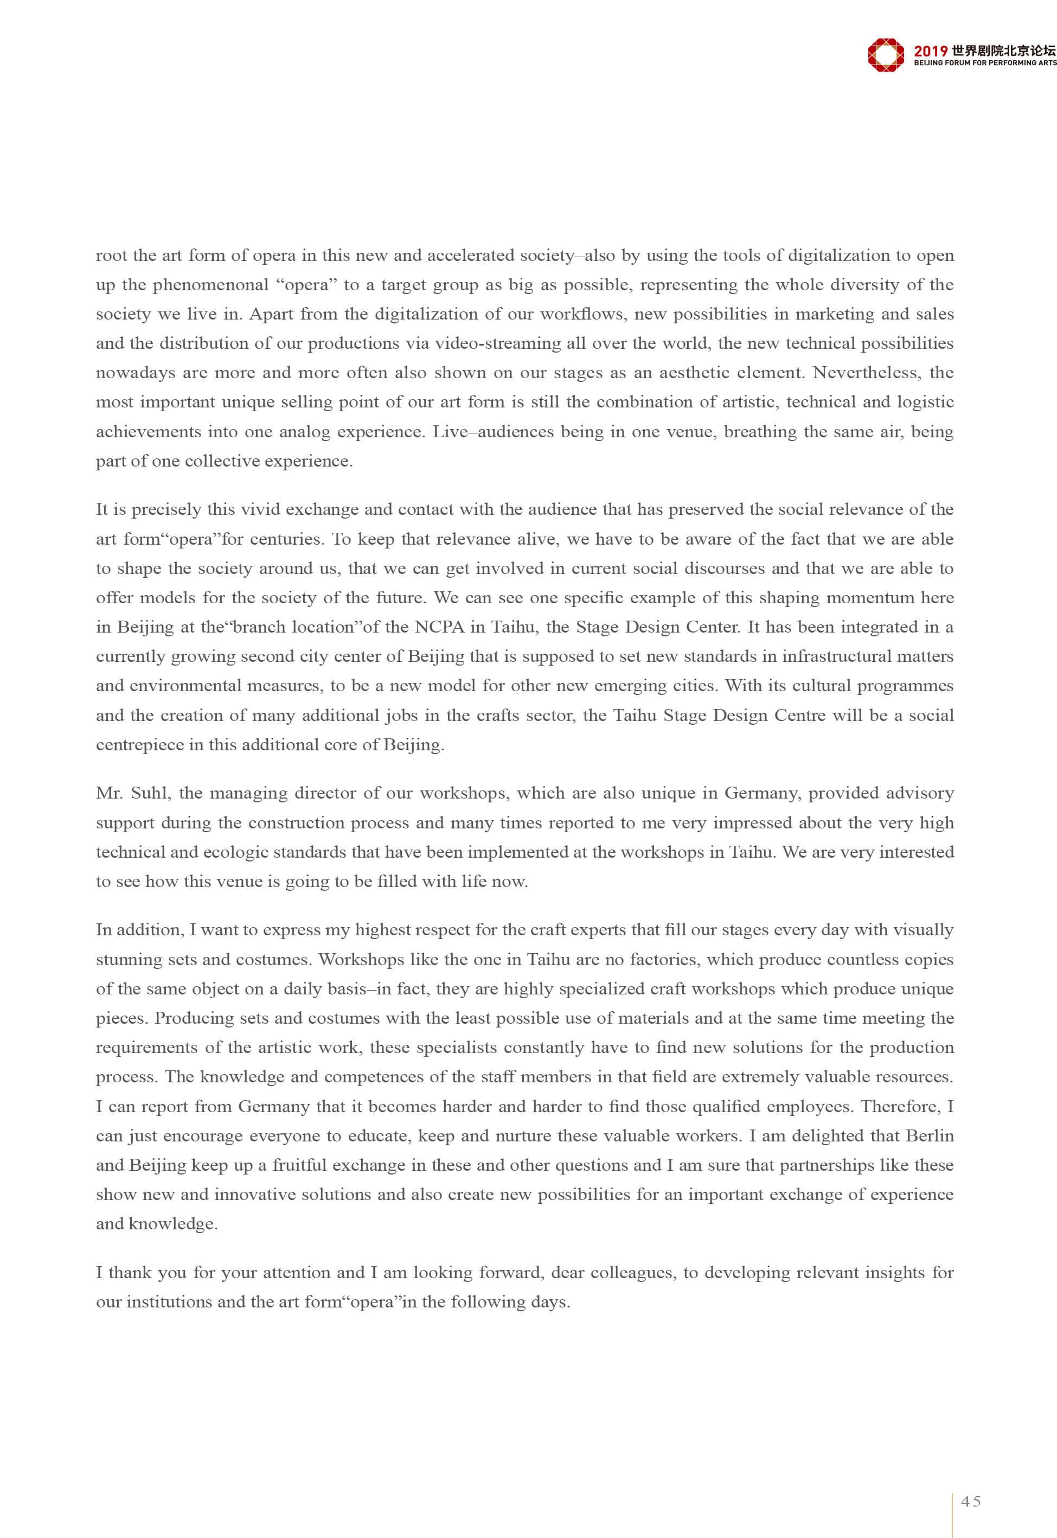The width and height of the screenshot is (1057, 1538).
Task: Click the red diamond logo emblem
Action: click(x=886, y=54)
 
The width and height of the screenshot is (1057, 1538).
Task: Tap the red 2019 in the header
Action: click(x=931, y=50)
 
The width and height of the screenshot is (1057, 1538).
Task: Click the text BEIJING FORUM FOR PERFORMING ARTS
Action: click(x=985, y=63)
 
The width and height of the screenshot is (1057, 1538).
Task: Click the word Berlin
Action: click(x=928, y=1135)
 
